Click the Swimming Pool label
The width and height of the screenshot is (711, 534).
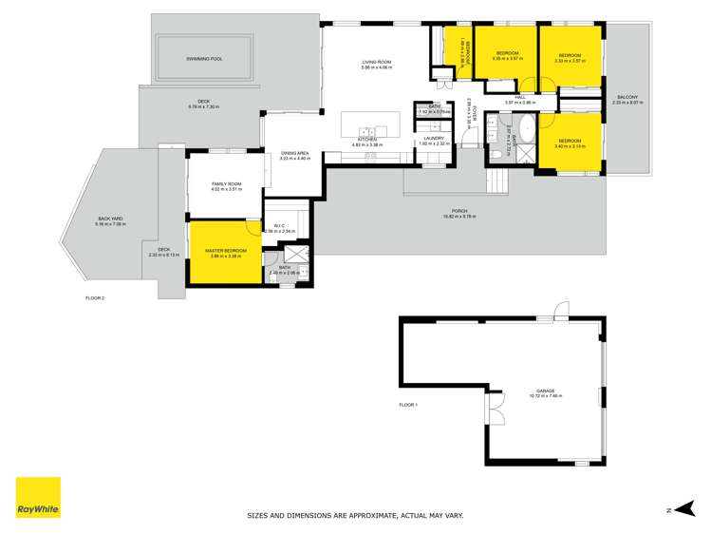pos(204,59)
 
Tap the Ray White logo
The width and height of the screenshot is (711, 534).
pos(38,498)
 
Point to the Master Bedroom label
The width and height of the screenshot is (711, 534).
pos(226,251)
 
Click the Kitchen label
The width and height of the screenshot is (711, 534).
pos(367,139)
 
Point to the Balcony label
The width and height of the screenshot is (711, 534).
pos(627,97)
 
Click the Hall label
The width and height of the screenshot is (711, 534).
pos(520,97)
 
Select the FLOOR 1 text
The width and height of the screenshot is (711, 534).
pos(408,405)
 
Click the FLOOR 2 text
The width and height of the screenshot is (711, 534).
pos(95,297)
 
